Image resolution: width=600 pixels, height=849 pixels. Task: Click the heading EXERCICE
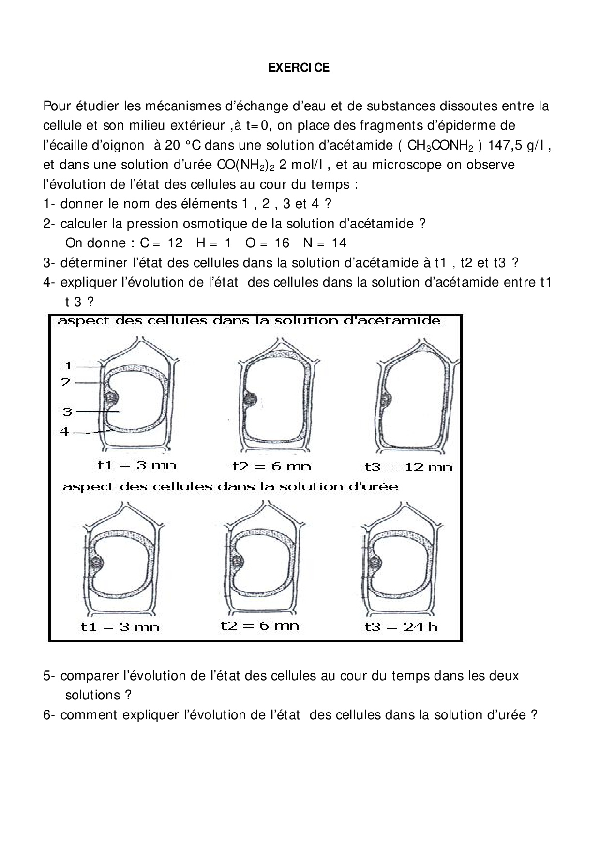299,68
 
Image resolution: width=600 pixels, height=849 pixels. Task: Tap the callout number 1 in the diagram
69,365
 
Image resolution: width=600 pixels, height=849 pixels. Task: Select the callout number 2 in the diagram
66,382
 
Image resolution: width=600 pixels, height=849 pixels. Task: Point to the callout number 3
68,412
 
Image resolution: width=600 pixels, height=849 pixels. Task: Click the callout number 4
65,431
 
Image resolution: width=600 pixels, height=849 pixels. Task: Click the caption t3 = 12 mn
408,467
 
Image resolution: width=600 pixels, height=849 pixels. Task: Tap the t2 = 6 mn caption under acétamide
271,467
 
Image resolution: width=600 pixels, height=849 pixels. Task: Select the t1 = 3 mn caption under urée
120,627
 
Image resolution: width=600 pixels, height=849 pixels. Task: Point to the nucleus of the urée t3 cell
374,561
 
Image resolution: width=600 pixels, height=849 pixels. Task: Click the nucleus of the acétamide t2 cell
251,399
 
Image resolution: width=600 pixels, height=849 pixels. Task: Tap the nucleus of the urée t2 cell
237,561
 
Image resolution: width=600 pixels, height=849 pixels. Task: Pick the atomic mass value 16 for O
282,243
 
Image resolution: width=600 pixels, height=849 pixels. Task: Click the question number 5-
49,676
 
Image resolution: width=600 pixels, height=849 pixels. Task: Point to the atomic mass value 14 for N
339,243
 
